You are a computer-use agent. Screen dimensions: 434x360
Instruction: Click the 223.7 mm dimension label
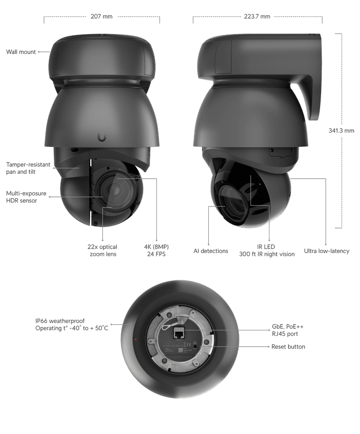coord(257,16)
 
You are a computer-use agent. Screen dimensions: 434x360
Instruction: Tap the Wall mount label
coord(21,52)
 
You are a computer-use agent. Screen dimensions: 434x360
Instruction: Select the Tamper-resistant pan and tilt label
coord(28,168)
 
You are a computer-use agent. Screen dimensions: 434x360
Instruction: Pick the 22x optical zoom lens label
coord(103,250)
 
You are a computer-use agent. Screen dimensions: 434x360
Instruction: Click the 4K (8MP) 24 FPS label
coord(156,250)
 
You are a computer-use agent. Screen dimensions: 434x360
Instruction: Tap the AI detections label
coord(211,251)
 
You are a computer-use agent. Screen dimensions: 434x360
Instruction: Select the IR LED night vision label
coord(266,250)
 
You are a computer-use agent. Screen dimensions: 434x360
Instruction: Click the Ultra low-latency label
coord(326,251)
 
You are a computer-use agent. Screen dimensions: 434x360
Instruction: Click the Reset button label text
coord(288,346)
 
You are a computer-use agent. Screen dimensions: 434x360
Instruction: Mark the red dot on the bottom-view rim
coord(136,340)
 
